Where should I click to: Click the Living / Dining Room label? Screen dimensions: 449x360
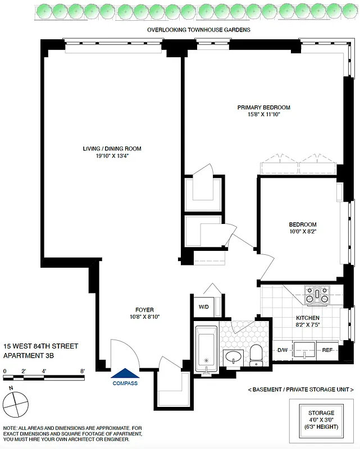click(110, 149)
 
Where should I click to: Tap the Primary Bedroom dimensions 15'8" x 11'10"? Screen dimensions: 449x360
click(263, 114)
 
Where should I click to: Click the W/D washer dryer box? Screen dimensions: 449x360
click(203, 307)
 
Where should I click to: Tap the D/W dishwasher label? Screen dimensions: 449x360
click(282, 350)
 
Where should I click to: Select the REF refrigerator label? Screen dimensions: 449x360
click(327, 350)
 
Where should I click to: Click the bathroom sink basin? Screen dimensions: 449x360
click(233, 356)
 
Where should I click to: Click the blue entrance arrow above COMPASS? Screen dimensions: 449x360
click(125, 373)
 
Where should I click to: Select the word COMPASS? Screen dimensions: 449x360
click(125, 383)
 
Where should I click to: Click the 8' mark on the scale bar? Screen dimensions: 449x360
click(83, 371)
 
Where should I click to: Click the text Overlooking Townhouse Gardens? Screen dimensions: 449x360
click(198, 30)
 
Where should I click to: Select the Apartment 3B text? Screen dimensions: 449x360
click(33, 355)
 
